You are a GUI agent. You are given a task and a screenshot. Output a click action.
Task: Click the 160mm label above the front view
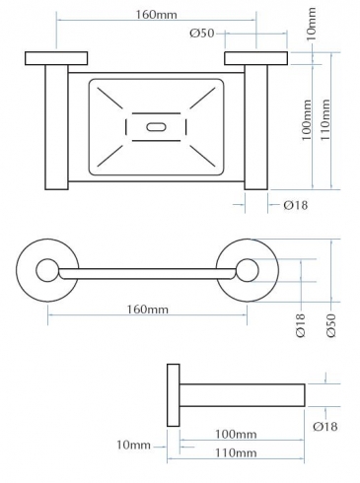(157, 15)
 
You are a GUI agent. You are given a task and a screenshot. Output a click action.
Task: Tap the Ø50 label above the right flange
(202, 34)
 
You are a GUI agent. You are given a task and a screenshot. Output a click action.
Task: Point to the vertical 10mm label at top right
(311, 24)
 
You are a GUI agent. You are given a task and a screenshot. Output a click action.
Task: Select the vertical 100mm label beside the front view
(307, 120)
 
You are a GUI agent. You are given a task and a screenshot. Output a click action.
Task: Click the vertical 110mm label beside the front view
(325, 120)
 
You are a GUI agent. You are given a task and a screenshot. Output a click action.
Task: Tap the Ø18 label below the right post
(296, 205)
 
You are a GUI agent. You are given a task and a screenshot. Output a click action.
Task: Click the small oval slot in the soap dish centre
(157, 127)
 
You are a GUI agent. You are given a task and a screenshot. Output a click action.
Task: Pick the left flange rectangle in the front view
(56, 58)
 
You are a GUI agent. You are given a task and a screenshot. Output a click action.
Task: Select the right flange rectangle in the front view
(256, 58)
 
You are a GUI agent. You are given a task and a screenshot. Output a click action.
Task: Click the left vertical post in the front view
(56, 127)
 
